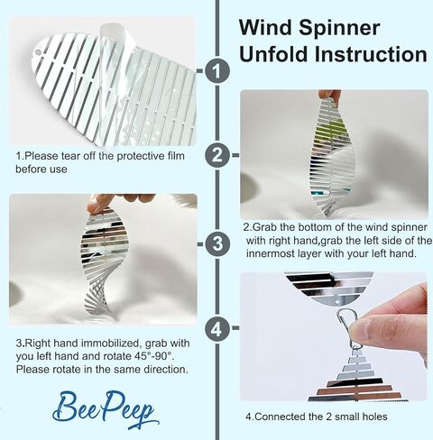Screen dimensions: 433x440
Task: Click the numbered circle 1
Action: click(x=217, y=71)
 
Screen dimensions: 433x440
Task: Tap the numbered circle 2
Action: click(x=217, y=155)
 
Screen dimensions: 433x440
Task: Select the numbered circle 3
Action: click(x=217, y=243)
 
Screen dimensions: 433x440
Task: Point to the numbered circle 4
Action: click(x=217, y=328)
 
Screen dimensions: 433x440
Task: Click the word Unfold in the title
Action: click(x=273, y=54)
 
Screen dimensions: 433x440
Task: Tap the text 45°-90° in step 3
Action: click(x=153, y=356)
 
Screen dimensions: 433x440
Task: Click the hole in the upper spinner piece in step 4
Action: click(x=336, y=301)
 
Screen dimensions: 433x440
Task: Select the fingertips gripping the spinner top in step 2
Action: click(x=330, y=95)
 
